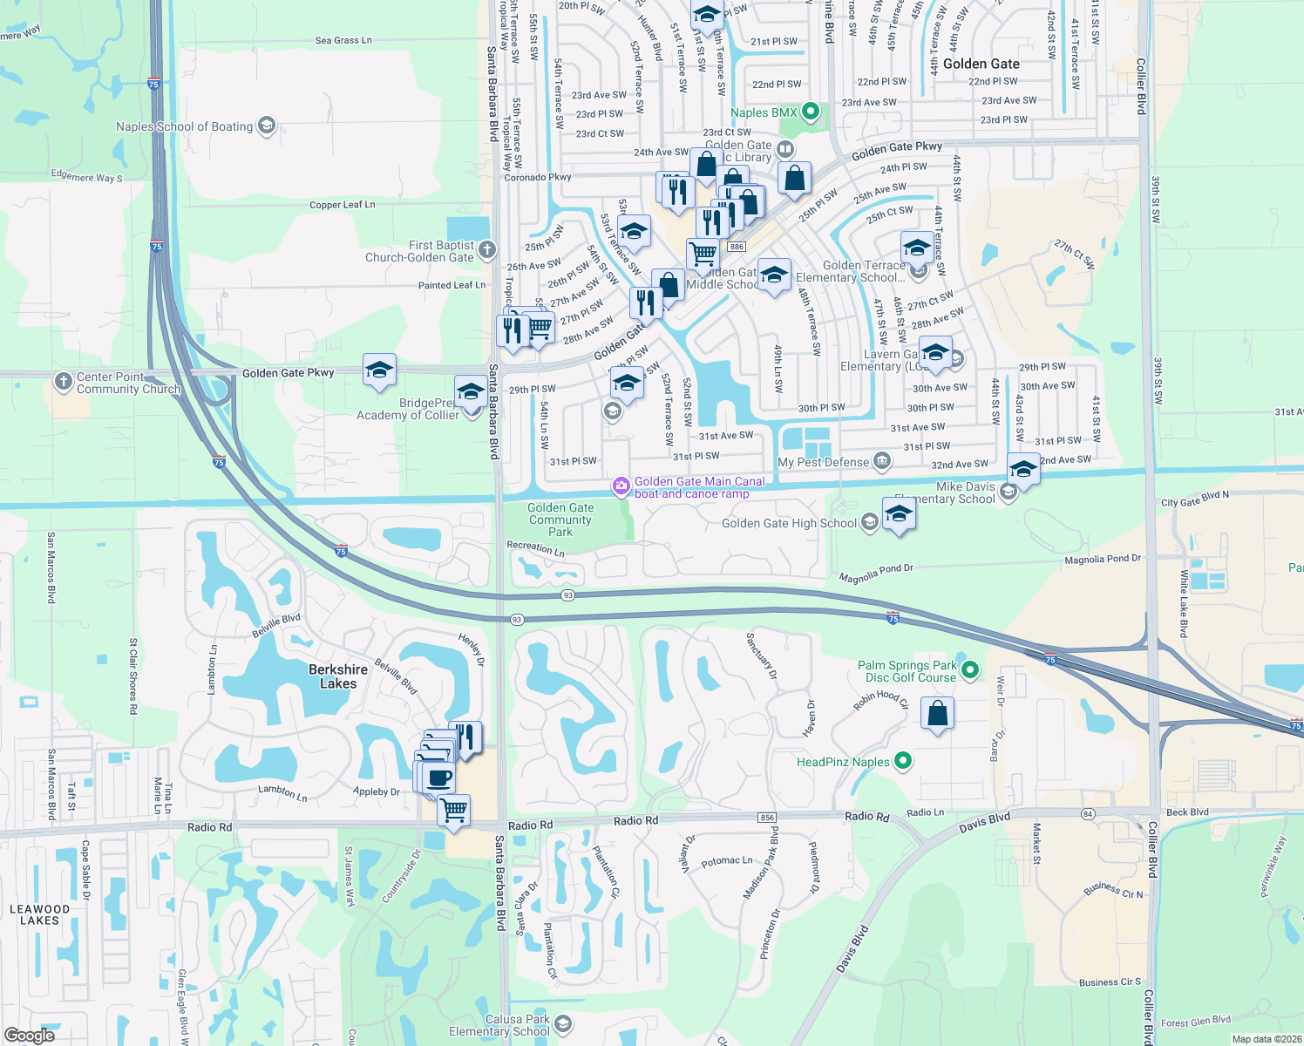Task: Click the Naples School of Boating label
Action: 184,126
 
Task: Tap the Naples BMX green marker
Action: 811,112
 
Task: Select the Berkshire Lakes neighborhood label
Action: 338,676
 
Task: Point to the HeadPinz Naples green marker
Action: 903,761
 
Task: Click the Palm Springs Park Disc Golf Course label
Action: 907,671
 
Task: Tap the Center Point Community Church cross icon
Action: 63,381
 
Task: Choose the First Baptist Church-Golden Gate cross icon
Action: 486,249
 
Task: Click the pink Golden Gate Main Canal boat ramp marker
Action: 621,486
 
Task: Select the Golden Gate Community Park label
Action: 560,520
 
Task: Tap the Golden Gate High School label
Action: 789,523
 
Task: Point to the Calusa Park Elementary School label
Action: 499,1025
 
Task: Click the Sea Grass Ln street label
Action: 343,40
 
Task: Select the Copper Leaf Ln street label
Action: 342,205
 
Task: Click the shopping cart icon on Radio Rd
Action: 453,810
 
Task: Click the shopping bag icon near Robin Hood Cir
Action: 937,713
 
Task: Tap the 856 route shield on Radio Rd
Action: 767,818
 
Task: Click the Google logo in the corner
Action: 29,1036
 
